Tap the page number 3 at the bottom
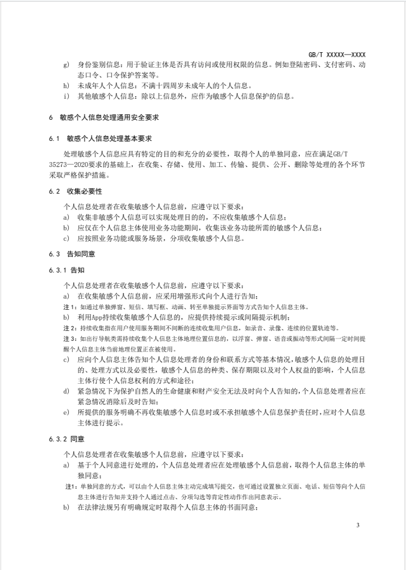pyautogui.click(x=358, y=526)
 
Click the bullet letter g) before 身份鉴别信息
pyautogui.click(x=66, y=65)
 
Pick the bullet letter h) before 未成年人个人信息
pyautogui.click(x=66, y=85)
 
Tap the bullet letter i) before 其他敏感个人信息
pyautogui.click(x=66, y=96)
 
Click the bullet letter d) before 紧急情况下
pyautogui.click(x=66, y=391)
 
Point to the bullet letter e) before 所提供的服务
pyautogui.click(x=66, y=412)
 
